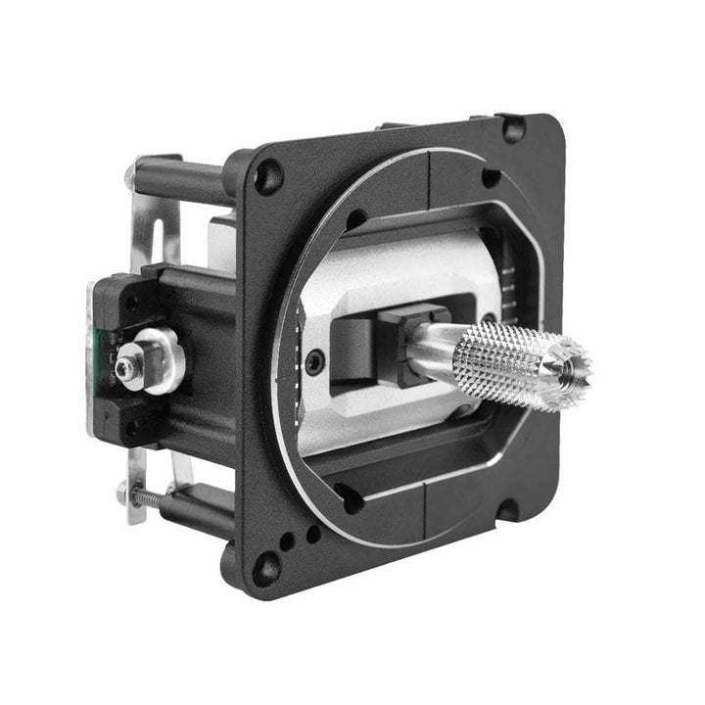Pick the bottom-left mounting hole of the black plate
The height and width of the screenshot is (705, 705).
(x=265, y=566)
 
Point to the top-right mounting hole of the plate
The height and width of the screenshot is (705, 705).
(x=511, y=127)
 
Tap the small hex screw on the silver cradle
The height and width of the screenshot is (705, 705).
(x=312, y=362)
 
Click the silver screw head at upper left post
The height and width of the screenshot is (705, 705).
(x=130, y=175)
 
